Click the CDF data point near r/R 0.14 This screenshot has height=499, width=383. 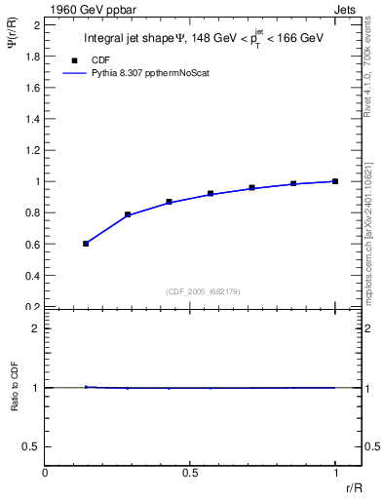[x=86, y=244]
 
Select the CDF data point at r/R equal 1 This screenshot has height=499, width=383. [x=335, y=181]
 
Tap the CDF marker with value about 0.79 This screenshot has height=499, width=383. [x=128, y=214]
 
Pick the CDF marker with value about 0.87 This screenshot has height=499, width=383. [x=169, y=202]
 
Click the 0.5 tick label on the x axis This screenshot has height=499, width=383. [x=191, y=472]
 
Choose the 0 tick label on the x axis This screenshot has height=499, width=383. [x=46, y=472]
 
